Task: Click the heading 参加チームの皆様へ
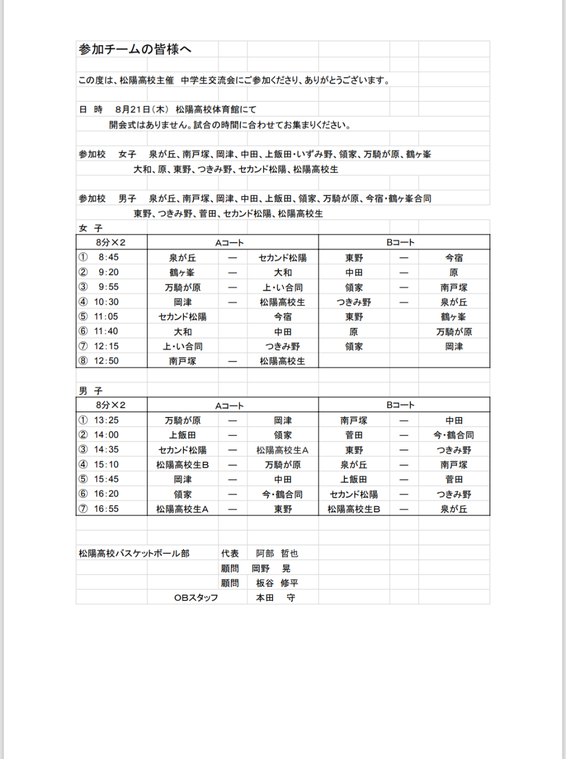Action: tap(135, 49)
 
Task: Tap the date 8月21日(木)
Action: tap(141, 109)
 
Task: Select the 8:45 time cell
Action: tap(108, 257)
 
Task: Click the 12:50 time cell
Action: tap(106, 361)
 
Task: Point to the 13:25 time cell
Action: tap(106, 420)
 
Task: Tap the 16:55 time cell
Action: tap(106, 509)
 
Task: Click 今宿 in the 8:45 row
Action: tap(454, 258)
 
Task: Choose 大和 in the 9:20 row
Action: tap(283, 272)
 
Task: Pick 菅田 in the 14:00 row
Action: tap(354, 435)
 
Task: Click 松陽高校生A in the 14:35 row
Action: tap(282, 450)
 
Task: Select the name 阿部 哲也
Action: tap(277, 553)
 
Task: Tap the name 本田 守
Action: tap(275, 598)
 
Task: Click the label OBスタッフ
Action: tap(196, 598)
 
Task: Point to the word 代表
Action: tap(230, 553)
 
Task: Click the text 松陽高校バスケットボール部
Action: tap(134, 553)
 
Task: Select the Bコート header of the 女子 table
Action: tap(400, 243)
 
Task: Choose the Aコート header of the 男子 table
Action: tap(230, 405)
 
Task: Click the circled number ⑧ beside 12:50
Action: tap(83, 361)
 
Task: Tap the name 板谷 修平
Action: tap(277, 583)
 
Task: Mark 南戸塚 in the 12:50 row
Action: tap(182, 361)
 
